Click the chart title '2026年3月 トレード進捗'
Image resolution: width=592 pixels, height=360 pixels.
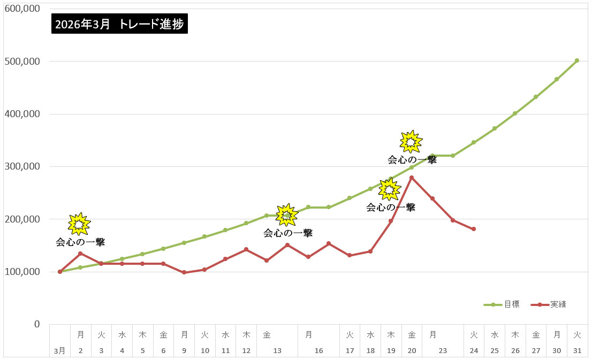coord(120,25)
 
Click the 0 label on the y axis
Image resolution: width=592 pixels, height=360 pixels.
coord(37,324)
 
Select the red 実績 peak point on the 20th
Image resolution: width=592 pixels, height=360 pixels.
coord(412,178)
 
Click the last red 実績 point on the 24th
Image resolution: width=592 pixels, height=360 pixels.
coord(474,229)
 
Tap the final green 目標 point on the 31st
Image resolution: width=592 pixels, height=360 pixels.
coord(577,60)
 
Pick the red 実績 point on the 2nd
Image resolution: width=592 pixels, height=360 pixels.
coord(80,254)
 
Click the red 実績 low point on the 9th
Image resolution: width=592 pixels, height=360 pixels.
coord(184,272)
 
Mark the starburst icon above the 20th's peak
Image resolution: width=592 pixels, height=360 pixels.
coord(411,142)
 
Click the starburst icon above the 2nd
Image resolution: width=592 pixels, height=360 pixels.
coord(80,224)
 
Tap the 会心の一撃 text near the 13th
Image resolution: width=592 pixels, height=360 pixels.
coord(288,233)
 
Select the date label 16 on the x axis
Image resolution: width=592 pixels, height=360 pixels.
coord(319,351)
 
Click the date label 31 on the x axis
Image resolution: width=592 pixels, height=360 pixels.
coord(577,351)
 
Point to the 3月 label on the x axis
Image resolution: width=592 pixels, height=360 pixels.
coord(60,351)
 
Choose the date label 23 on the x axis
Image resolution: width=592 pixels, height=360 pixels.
coord(443,351)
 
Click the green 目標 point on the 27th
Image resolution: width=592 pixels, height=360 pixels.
coord(536,97)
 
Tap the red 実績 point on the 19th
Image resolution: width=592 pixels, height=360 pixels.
coord(391,221)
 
